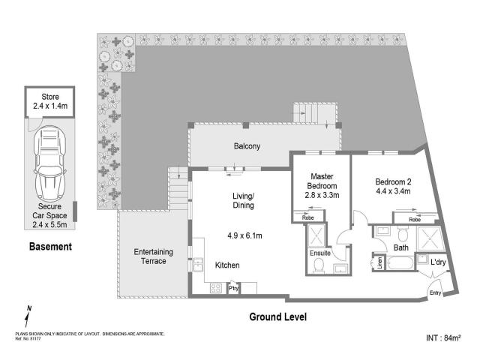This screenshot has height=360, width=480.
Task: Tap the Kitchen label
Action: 227,265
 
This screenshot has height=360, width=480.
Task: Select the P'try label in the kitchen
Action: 233,288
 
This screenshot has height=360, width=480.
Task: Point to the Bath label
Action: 400,247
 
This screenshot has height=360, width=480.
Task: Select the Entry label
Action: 435,293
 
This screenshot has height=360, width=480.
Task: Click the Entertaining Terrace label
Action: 150,256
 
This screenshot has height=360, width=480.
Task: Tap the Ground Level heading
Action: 277,316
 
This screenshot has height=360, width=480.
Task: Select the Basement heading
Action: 50,246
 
